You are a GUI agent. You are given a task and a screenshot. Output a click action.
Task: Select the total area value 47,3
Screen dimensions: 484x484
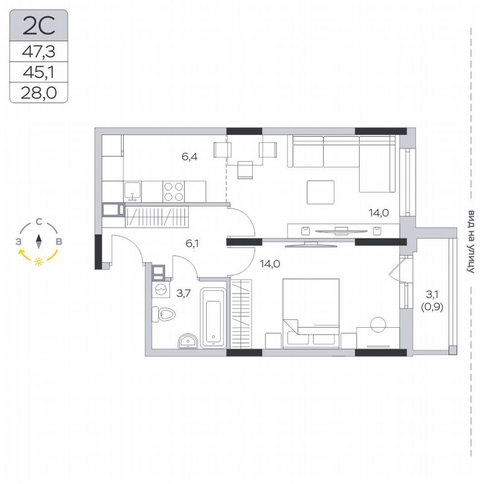pos(38,52)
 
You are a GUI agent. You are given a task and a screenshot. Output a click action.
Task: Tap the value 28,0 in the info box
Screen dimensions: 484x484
pos(38,92)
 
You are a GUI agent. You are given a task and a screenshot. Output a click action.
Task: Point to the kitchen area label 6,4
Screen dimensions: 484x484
pos(189,157)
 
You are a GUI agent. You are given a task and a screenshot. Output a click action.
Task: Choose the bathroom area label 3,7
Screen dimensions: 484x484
pos(184,292)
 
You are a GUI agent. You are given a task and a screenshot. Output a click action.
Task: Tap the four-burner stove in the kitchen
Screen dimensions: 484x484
pos(173,192)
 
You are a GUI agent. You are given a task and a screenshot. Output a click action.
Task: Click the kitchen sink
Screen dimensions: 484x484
pos(133,192)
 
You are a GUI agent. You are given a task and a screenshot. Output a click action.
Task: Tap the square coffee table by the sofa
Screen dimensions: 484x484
pos(320,193)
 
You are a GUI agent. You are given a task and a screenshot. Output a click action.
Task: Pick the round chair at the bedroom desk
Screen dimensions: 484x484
pos(378,323)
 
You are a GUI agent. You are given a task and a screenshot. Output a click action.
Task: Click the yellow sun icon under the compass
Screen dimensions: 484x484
pos(39,262)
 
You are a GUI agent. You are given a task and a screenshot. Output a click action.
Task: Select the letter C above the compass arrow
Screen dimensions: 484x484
pos(39,222)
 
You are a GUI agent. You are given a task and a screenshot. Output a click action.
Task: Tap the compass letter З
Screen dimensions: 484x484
pos(19,242)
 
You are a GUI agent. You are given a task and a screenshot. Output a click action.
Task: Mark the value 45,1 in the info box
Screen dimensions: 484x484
pos(38,72)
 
